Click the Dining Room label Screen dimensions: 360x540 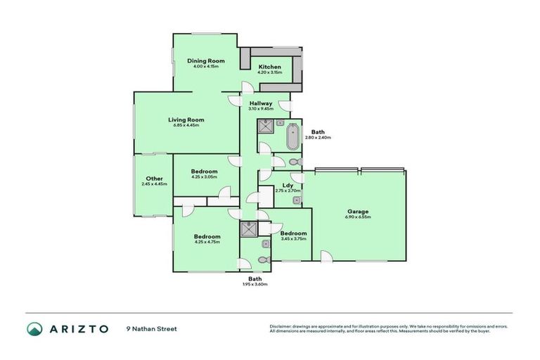click(x=206, y=61)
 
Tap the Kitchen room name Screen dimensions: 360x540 click(x=270, y=67)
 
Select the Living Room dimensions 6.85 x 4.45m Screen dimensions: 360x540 click(x=186, y=126)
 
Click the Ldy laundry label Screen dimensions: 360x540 click(x=288, y=185)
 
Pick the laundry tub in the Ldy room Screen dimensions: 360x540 click(x=297, y=200)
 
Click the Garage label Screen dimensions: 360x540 click(x=358, y=211)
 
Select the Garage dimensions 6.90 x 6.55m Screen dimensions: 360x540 click(x=358, y=217)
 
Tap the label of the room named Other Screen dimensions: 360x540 click(x=154, y=179)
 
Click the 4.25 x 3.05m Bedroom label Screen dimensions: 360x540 click(x=204, y=171)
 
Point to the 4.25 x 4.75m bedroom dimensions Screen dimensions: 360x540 click(x=207, y=242)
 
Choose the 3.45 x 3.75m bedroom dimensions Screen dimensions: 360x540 click(x=292, y=238)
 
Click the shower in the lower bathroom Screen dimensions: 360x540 click(x=250, y=229)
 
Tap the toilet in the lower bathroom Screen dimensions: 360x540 click(x=262, y=260)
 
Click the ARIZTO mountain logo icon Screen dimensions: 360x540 click(x=34, y=328)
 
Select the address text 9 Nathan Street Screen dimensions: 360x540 click(x=152, y=328)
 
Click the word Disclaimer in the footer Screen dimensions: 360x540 click(x=281, y=327)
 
